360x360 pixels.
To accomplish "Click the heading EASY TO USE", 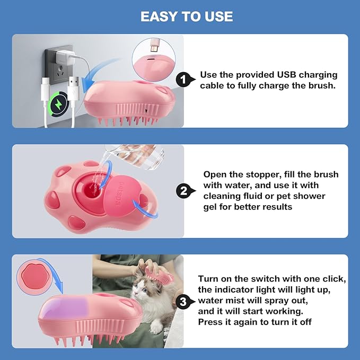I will (187, 16).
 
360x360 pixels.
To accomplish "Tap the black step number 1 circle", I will (183, 80).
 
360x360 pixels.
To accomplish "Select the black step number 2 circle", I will (183, 190).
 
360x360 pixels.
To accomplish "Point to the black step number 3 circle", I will (183, 302).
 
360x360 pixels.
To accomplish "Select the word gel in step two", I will (213, 207).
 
